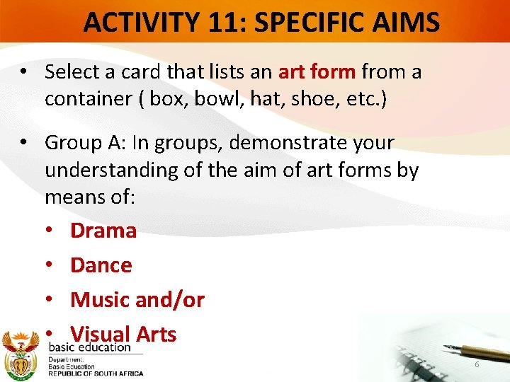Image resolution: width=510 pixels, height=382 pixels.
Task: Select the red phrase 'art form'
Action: pyautogui.click(x=317, y=71)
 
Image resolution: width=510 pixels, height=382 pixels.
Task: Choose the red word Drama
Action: pyautogui.click(x=103, y=231)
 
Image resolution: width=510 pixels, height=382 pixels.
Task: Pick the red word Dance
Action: pyautogui.click(x=101, y=265)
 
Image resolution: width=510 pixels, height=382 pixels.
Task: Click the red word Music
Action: pyautogui.click(x=100, y=300)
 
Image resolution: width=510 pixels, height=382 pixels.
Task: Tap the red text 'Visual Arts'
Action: pyautogui.click(x=123, y=334)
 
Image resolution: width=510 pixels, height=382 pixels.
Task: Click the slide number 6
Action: pyautogui.click(x=477, y=364)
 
